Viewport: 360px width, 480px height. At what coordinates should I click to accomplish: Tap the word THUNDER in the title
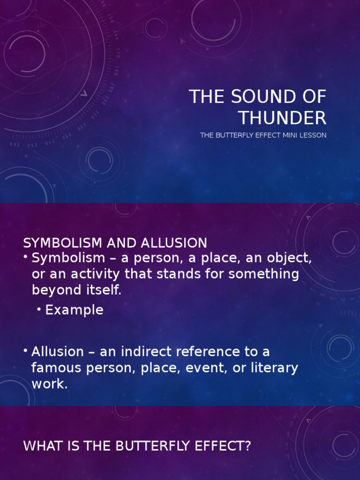(282, 117)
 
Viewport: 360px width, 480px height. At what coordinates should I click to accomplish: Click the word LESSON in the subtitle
(315, 135)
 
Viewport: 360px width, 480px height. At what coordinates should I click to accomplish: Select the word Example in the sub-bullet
(74, 310)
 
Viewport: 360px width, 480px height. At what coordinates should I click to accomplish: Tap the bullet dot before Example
(39, 310)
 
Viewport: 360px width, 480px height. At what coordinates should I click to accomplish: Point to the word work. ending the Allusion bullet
(50, 384)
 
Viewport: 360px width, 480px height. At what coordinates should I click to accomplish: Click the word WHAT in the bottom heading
(41, 446)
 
